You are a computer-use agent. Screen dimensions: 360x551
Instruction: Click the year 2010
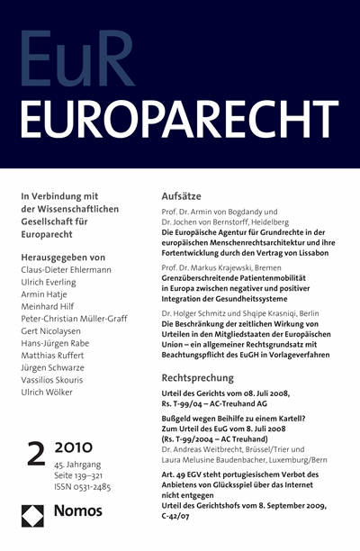pos(82,472)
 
